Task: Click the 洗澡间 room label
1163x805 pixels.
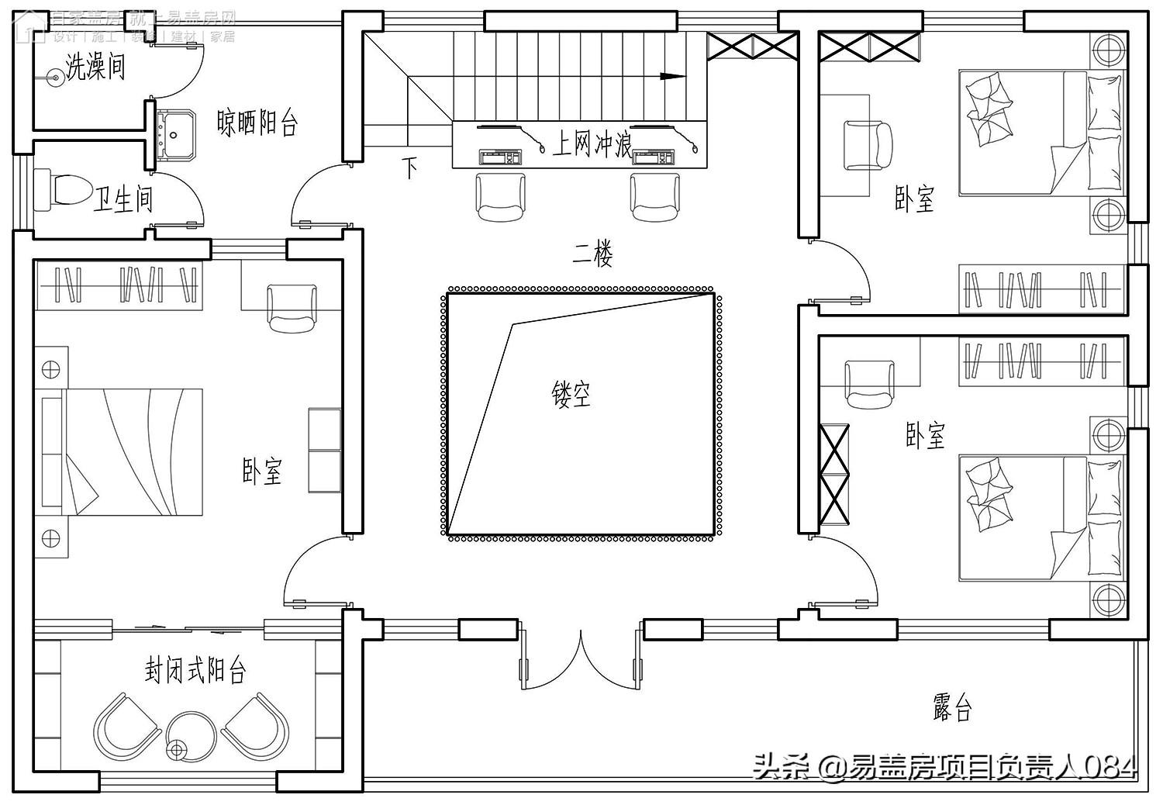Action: pyautogui.click(x=95, y=67)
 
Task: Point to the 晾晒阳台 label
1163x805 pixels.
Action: pyautogui.click(x=257, y=123)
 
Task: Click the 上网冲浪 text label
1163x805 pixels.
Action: pyautogui.click(x=592, y=143)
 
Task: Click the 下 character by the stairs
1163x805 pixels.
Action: pyautogui.click(x=410, y=168)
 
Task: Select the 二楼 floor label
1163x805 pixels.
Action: pyautogui.click(x=593, y=254)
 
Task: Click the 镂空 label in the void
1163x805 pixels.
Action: pyautogui.click(x=571, y=394)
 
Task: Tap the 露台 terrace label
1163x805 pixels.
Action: pyautogui.click(x=952, y=707)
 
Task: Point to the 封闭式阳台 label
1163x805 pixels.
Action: pyautogui.click(x=195, y=669)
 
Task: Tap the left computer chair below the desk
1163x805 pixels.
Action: pyautogui.click(x=500, y=197)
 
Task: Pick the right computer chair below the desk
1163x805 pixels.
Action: pyautogui.click(x=655, y=197)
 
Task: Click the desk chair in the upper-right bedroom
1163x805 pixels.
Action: pyautogui.click(x=868, y=145)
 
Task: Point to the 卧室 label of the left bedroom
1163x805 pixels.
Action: pyautogui.click(x=262, y=472)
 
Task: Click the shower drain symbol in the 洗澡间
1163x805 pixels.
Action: pyautogui.click(x=54, y=77)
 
